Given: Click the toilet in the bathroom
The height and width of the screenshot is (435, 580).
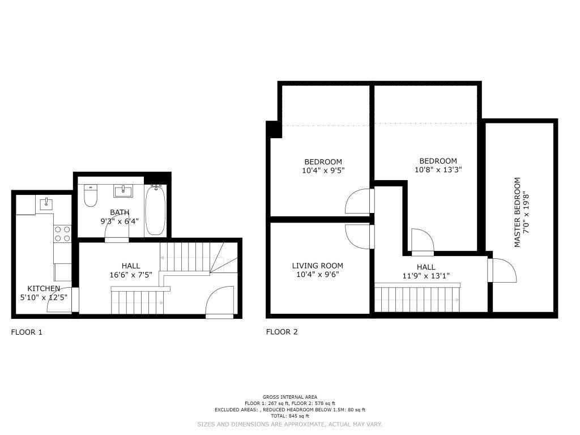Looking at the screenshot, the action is (x=90, y=195).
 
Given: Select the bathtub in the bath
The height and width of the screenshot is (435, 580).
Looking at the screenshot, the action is (x=155, y=210).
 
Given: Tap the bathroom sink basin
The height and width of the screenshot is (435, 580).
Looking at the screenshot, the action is (x=122, y=191).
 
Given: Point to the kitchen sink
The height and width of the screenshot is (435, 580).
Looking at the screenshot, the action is (x=46, y=203).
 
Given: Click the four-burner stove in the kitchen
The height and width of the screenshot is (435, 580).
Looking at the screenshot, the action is (x=62, y=234).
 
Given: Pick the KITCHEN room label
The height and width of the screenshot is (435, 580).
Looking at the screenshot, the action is (x=44, y=288).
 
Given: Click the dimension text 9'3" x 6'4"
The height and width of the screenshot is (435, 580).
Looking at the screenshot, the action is (x=120, y=221).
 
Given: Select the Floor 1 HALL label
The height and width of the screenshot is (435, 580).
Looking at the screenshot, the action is (x=131, y=266).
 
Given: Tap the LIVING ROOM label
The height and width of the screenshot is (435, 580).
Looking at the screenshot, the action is (x=317, y=266).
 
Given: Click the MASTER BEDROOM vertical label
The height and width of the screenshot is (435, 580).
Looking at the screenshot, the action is (x=517, y=212).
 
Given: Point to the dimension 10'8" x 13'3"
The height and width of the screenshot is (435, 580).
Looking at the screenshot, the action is (x=438, y=170).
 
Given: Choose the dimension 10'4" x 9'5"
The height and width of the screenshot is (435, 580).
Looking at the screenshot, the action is (x=323, y=170).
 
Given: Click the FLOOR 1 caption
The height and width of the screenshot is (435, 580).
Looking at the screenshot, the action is (x=27, y=332).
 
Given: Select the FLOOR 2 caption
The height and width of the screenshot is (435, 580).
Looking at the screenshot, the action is (x=282, y=332).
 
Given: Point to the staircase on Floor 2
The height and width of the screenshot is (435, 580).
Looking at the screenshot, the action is (x=417, y=298).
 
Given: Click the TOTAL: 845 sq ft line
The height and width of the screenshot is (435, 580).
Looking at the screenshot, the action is (x=289, y=416).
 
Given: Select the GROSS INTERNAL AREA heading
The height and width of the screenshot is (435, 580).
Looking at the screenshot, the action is (x=289, y=397).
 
